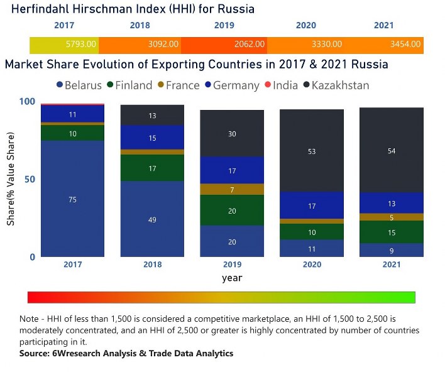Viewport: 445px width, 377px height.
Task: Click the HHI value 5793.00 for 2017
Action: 81,45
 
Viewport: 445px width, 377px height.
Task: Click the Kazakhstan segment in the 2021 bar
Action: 391,151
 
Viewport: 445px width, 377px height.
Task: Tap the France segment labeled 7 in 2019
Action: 232,189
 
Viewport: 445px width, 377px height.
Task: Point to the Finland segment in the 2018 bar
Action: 152,168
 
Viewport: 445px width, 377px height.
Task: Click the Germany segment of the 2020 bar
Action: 312,205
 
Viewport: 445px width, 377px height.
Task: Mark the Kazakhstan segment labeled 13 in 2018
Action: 152,115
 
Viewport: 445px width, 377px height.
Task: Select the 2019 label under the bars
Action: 232,264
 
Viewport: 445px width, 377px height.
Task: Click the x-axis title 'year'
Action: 231,277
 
